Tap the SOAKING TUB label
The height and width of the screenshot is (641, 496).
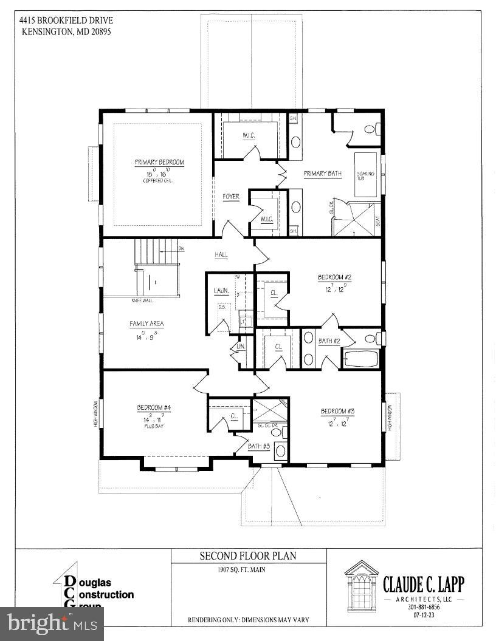(x=366, y=176)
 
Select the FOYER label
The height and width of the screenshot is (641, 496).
(x=231, y=197)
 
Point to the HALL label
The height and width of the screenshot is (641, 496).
(x=221, y=255)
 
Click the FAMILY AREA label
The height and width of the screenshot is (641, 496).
(x=146, y=324)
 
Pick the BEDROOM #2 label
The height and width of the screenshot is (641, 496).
(x=335, y=277)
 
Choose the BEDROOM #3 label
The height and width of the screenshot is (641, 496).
(x=337, y=412)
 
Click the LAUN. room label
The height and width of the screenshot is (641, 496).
(x=221, y=291)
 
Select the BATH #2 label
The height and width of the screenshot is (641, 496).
(x=329, y=341)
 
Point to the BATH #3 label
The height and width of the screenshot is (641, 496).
(x=259, y=446)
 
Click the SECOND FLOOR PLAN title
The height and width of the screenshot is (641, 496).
(x=249, y=556)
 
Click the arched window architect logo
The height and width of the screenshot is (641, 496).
(x=361, y=585)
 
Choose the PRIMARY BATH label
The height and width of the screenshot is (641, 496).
(x=322, y=174)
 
